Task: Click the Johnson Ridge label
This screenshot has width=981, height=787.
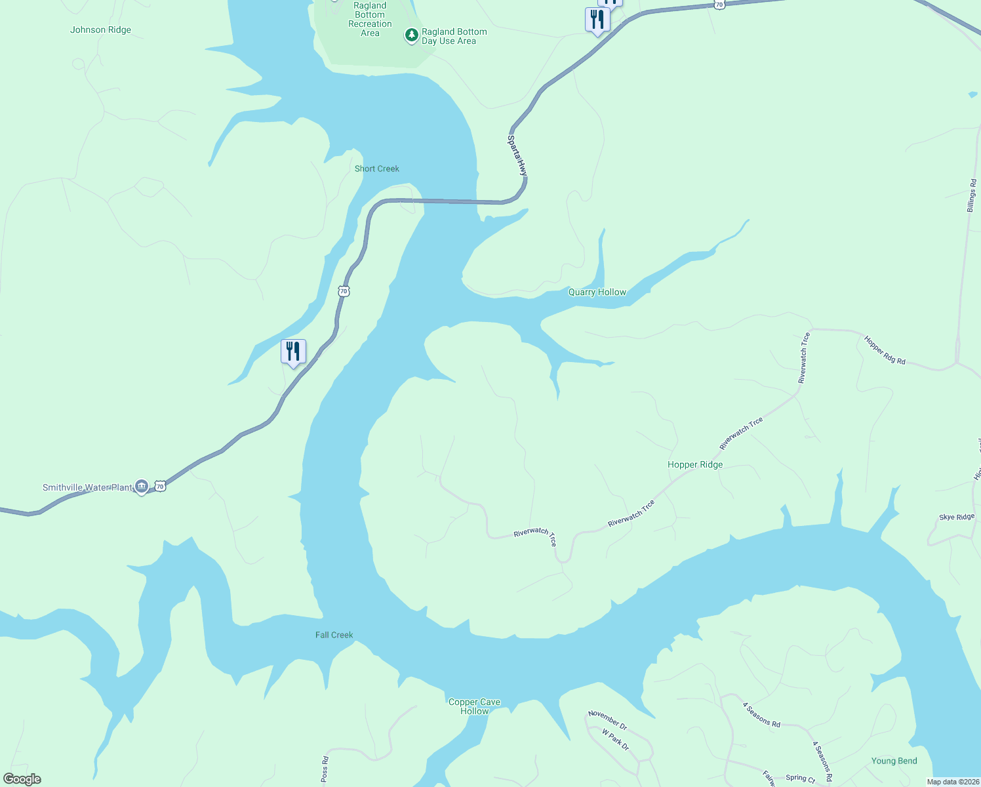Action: [x=100, y=30]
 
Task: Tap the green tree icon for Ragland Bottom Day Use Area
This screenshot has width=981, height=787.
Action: [x=411, y=35]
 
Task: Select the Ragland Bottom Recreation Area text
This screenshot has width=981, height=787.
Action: [x=370, y=19]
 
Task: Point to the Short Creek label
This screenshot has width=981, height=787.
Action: [x=377, y=169]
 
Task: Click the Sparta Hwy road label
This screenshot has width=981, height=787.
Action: [x=517, y=155]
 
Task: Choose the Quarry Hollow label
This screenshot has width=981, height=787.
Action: [x=597, y=292]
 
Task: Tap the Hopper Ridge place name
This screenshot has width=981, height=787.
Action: [x=695, y=464]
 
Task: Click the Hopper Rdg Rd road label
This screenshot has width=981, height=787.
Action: [x=885, y=351]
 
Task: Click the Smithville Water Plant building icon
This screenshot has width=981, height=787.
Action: [x=141, y=486]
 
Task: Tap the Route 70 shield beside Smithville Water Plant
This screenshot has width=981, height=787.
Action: [x=160, y=486]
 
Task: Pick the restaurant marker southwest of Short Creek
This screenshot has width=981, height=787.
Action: [x=293, y=352]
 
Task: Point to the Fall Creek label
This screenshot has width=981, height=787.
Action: [x=334, y=635]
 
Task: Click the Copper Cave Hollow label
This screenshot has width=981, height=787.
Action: [x=474, y=706]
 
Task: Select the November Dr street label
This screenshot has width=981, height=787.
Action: [x=608, y=720]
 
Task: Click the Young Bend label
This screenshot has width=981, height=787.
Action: [x=894, y=761]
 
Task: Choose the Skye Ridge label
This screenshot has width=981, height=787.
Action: [x=957, y=517]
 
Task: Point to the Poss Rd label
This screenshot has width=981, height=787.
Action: [x=325, y=769]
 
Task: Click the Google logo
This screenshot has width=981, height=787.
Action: [x=22, y=779]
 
